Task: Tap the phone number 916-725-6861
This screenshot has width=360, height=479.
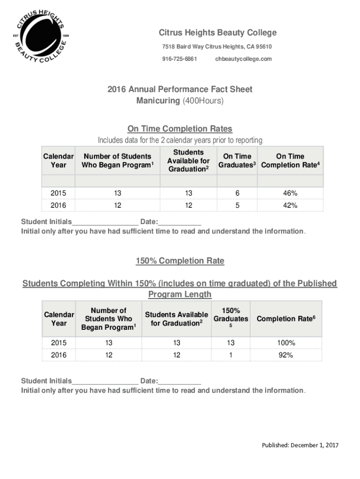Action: pos(180,59)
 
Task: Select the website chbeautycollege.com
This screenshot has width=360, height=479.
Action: pos(243,59)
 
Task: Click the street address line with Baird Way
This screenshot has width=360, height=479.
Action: pos(217,47)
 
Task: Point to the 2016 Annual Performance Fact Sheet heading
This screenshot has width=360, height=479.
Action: pos(180,89)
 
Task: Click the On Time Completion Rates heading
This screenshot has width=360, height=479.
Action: pos(180,129)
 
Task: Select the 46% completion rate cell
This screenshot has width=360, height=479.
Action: pos(290,193)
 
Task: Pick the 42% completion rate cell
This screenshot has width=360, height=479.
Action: pos(290,205)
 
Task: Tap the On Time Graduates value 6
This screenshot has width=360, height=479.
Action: pos(238,193)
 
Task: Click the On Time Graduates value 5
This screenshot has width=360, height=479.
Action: pos(238,205)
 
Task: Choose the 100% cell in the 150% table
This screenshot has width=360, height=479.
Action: pos(286,343)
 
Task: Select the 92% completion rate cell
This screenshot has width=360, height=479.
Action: pos(286,355)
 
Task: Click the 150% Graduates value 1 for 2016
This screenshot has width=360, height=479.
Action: pos(230,355)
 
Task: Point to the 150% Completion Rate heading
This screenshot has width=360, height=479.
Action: pos(180,261)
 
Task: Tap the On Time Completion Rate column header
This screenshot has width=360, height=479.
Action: pos(290,161)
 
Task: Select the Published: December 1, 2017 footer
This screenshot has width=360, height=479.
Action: pos(300,445)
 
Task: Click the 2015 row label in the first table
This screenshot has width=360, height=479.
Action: pos(58,193)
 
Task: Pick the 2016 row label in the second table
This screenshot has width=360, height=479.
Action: pos(58,355)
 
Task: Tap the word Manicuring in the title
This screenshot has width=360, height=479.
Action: pos(158,101)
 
